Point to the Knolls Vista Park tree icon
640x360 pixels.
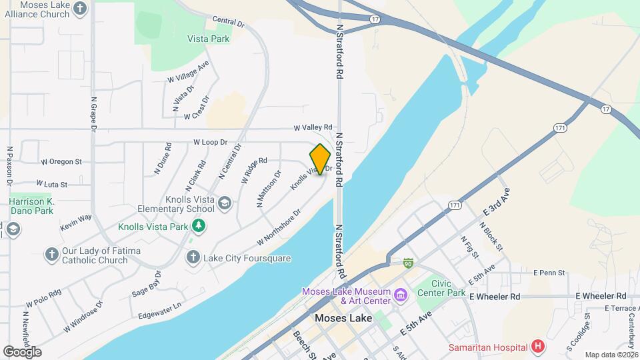tap(199, 227)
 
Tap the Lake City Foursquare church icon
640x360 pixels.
tap(193, 257)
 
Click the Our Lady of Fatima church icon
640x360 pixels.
tap(52, 254)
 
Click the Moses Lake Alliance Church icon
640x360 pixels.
tap(80, 9)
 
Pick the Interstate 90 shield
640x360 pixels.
tap(407, 263)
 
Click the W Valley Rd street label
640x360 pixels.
tap(313, 127)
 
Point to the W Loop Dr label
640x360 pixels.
tap(210, 142)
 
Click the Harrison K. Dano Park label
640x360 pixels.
tap(31, 206)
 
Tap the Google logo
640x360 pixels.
tap(22, 351)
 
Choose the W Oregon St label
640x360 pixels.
tap(61, 161)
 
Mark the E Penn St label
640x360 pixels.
tap(549, 273)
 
